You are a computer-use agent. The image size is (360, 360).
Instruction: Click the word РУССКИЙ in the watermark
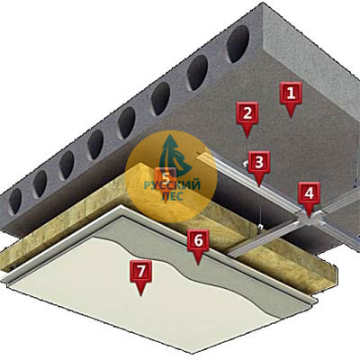click(x=172, y=185)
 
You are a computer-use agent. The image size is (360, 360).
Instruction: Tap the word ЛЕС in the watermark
click(x=172, y=196)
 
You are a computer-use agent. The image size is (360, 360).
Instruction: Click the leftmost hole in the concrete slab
click(x=15, y=201)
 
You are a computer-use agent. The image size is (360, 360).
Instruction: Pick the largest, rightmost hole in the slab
click(x=238, y=44)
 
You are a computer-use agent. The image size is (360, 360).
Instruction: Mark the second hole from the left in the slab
click(x=40, y=184)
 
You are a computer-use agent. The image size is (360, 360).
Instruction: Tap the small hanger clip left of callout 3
click(x=245, y=164)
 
